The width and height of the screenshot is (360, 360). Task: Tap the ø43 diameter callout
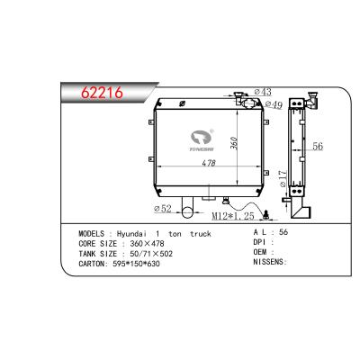[x=264, y=92]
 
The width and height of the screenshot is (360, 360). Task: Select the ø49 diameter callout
[x=273, y=105]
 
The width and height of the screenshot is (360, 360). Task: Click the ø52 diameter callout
[x=162, y=210]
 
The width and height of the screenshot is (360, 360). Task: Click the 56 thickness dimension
[x=317, y=147]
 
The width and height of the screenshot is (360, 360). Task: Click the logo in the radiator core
[x=200, y=139]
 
